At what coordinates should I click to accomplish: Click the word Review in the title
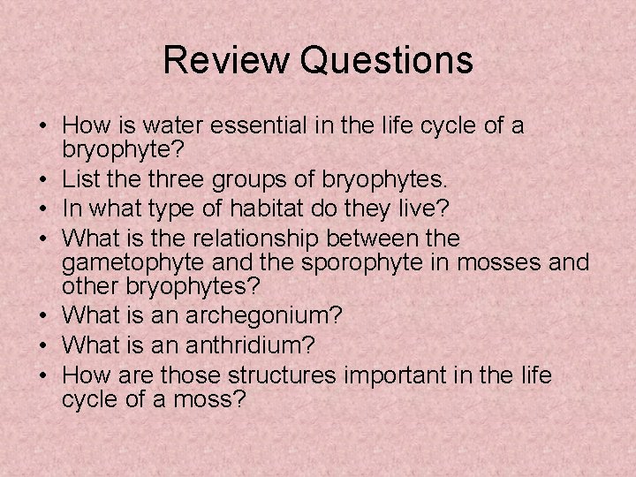coord(225,61)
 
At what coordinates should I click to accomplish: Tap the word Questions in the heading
coord(386,61)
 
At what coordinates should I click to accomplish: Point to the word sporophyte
coord(338,262)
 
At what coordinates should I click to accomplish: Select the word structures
coord(278,376)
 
